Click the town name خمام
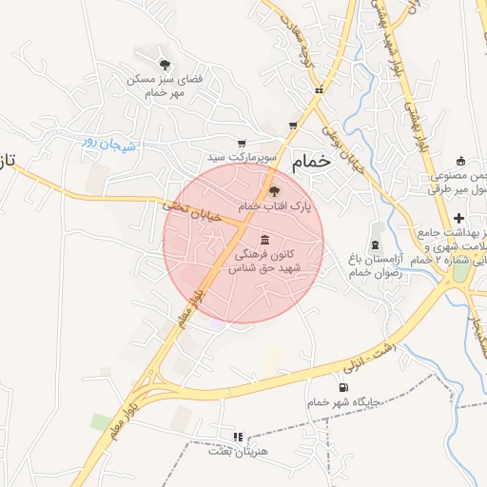[312, 162]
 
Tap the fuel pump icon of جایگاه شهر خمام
[342, 387]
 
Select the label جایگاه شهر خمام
[343, 402]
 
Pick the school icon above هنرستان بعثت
[238, 437]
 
